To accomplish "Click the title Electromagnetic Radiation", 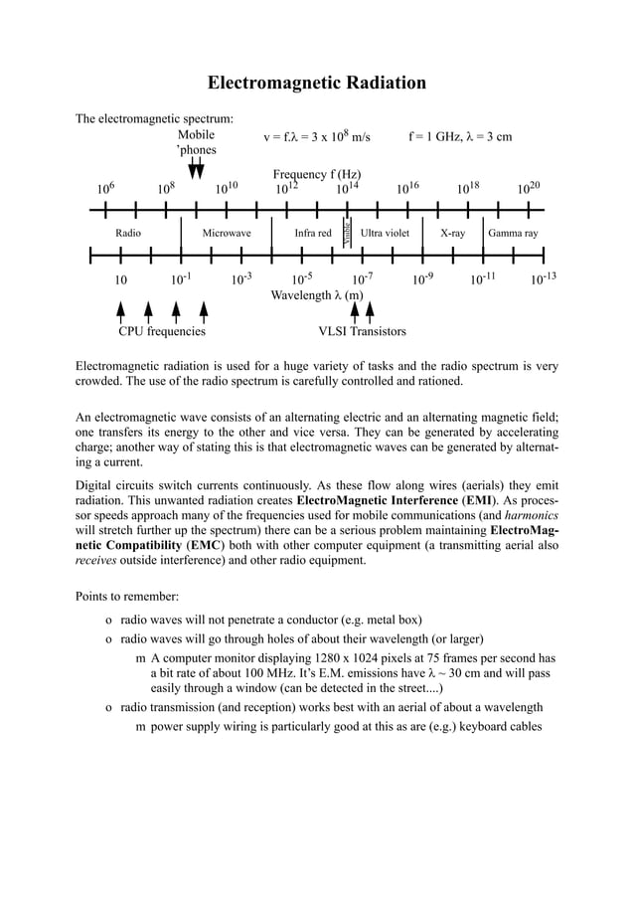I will point(316,83).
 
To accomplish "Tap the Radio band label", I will point(128,233).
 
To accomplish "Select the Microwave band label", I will point(227,233).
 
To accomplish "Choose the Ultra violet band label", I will point(385,233).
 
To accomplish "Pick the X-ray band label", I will point(452,233).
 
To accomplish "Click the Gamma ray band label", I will point(513,233).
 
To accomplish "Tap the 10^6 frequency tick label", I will point(105,189).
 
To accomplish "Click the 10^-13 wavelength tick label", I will point(544,279).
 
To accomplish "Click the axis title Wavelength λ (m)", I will point(316,295).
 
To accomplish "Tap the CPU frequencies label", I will point(162,331).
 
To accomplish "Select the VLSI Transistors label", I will point(362,331).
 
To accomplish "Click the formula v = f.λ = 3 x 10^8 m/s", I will point(316,136).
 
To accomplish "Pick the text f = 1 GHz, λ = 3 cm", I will point(460,136).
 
